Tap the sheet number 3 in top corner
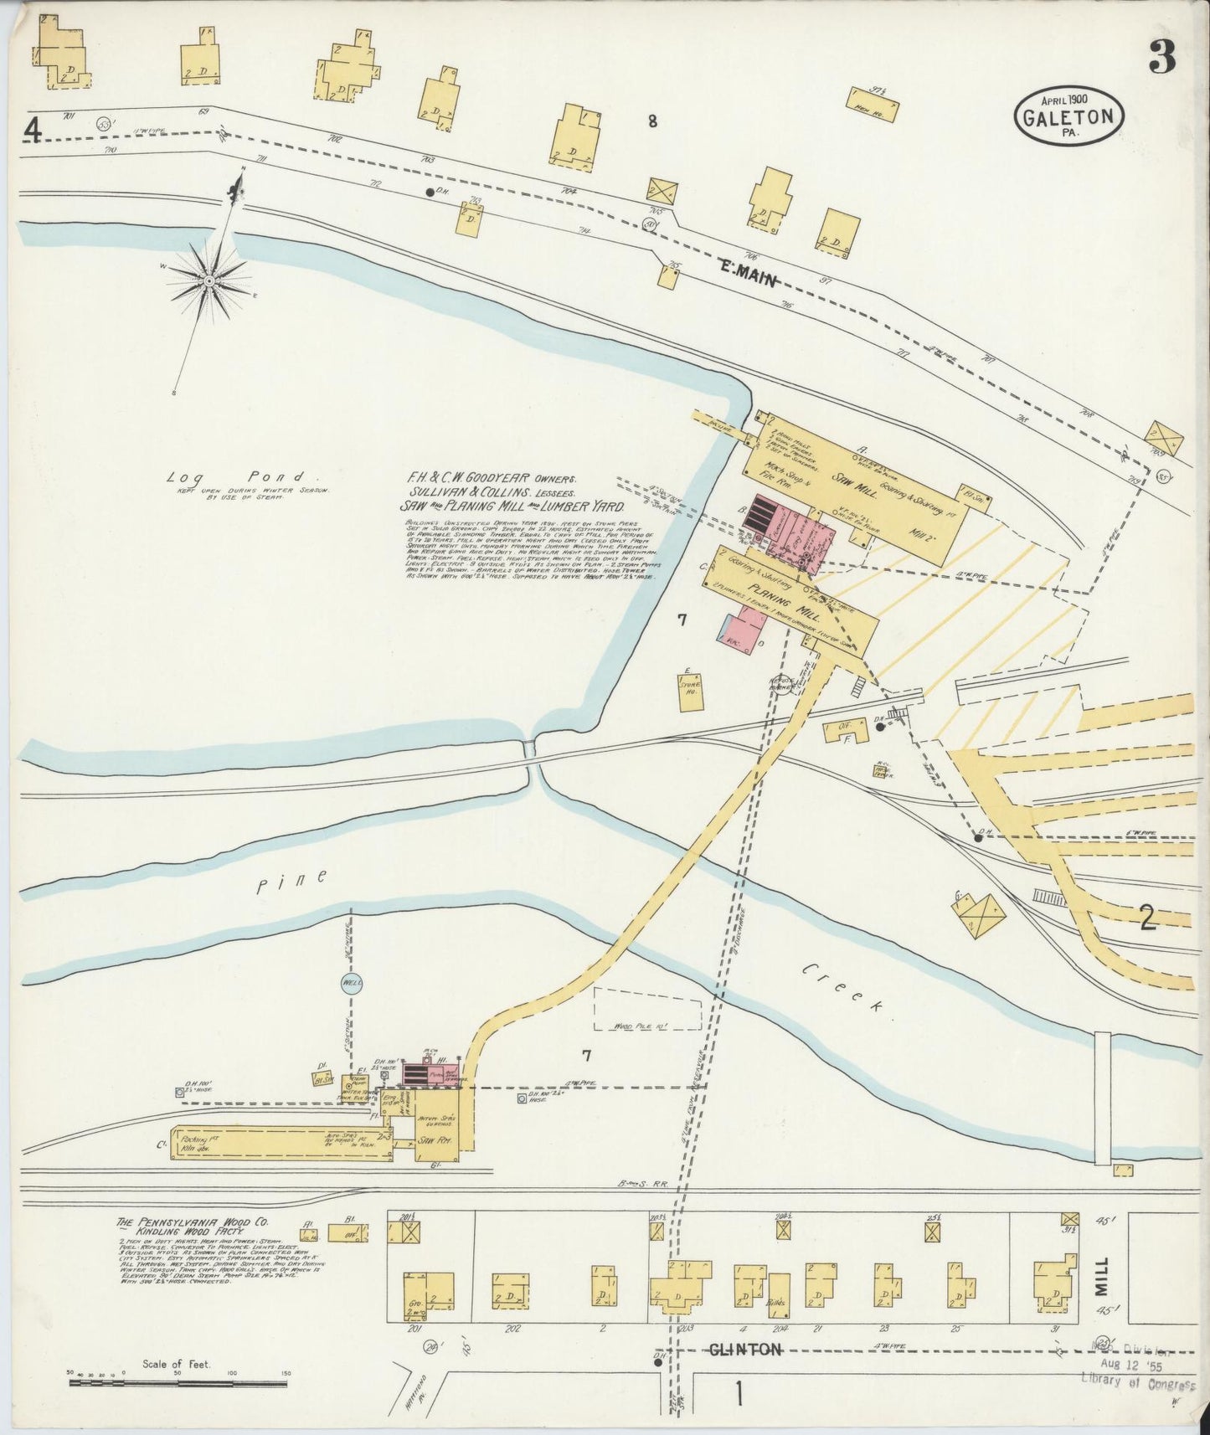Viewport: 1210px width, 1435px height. coord(1161,58)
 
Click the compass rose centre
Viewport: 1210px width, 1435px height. coord(207,280)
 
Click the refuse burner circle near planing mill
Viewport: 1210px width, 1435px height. coord(783,683)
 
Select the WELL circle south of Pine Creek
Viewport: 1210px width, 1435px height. coord(352,984)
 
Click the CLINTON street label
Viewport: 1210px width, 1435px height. coord(744,1349)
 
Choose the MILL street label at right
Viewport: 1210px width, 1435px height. coord(1100,1277)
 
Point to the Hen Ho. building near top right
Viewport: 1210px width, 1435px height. coord(874,104)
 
